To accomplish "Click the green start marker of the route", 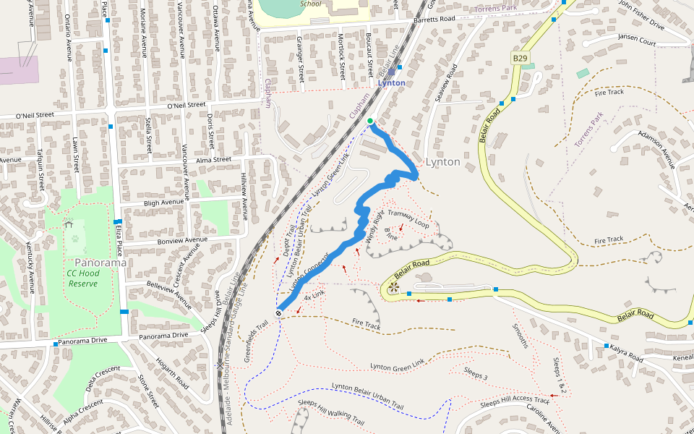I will [370, 121].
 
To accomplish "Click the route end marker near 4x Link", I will [278, 313].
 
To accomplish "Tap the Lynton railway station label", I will [391, 83].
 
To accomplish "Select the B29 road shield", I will [520, 57].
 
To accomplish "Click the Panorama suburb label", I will [100, 263].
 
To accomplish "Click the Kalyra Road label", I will [625, 354].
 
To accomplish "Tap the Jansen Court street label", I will [637, 43].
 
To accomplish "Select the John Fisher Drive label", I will [641, 14].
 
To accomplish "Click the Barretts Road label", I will [434, 19].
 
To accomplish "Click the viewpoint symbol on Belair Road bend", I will [393, 288].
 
